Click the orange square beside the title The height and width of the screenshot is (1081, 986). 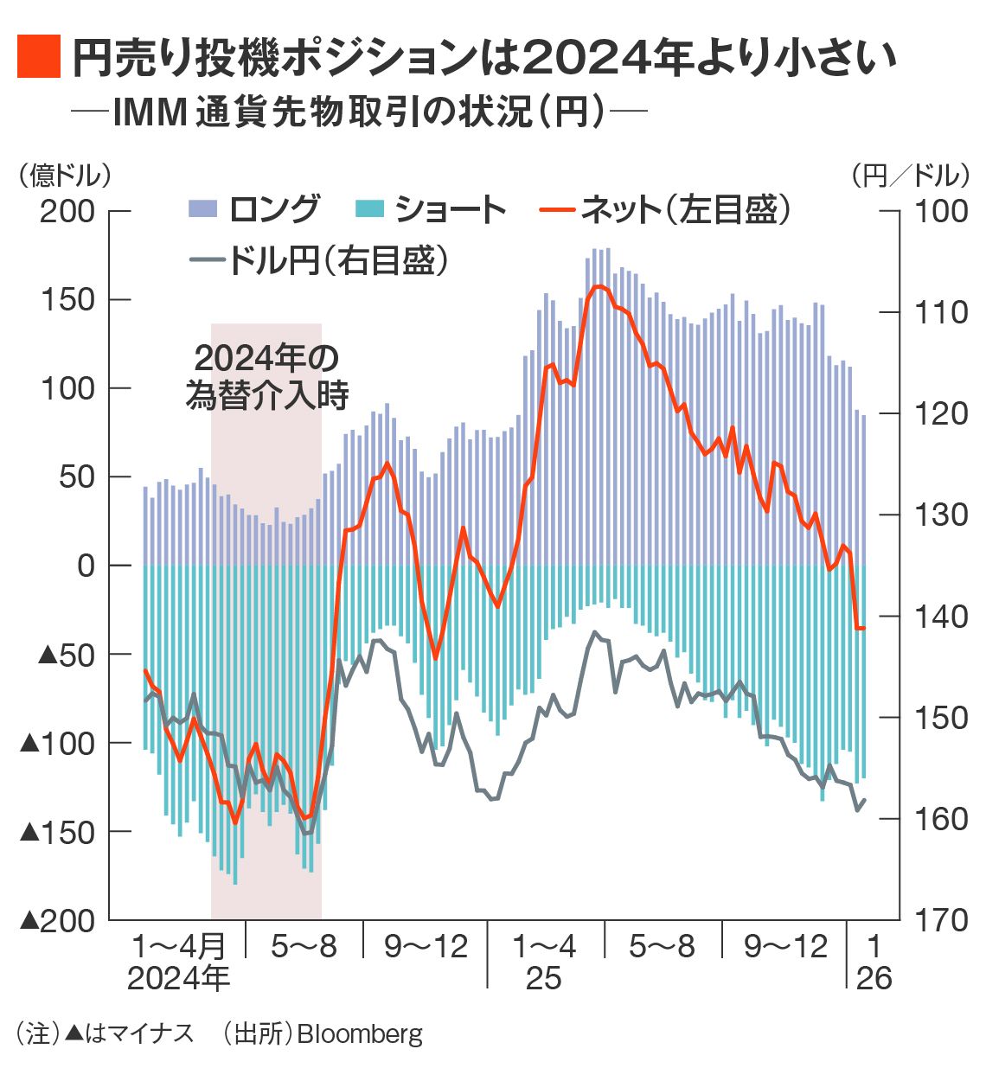point(38,57)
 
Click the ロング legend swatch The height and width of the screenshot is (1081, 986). point(202,208)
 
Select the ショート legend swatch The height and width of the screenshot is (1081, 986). point(369,208)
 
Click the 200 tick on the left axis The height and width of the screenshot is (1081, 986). point(68,211)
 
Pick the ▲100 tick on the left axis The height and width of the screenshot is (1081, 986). point(57,743)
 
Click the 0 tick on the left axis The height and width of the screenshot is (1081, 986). point(86,566)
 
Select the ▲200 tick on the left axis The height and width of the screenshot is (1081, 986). point(57,920)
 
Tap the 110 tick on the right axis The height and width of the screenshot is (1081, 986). point(942,312)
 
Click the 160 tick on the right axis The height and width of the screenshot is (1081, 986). point(942,819)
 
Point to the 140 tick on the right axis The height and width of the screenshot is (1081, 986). point(942,617)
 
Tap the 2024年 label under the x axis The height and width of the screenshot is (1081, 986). point(178,978)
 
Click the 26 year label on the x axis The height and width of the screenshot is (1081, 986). point(874,978)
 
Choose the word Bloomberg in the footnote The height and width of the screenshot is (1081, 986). point(361,1034)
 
